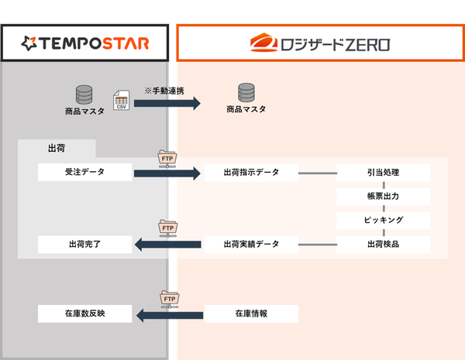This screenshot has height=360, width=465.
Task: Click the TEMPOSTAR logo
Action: [x=84, y=42]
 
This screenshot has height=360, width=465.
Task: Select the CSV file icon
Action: [x=121, y=100]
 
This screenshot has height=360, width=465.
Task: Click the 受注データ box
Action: [x=84, y=172]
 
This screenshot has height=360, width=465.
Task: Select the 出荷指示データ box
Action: [x=250, y=172]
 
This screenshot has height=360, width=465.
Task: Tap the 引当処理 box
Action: [x=383, y=172]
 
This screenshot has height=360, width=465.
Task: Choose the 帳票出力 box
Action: [x=383, y=196]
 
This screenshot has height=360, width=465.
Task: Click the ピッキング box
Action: [x=383, y=220]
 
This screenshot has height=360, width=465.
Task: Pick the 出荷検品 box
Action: [x=383, y=244]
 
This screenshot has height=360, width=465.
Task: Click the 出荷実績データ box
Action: [x=250, y=244]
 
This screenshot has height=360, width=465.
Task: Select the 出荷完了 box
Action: [x=84, y=244]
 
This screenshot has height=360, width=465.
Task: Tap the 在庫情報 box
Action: [x=250, y=314]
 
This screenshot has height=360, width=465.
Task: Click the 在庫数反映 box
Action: [x=84, y=314]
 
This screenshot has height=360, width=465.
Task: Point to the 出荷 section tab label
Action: [x=56, y=148]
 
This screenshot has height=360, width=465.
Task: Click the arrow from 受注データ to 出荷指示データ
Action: [x=167, y=173]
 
